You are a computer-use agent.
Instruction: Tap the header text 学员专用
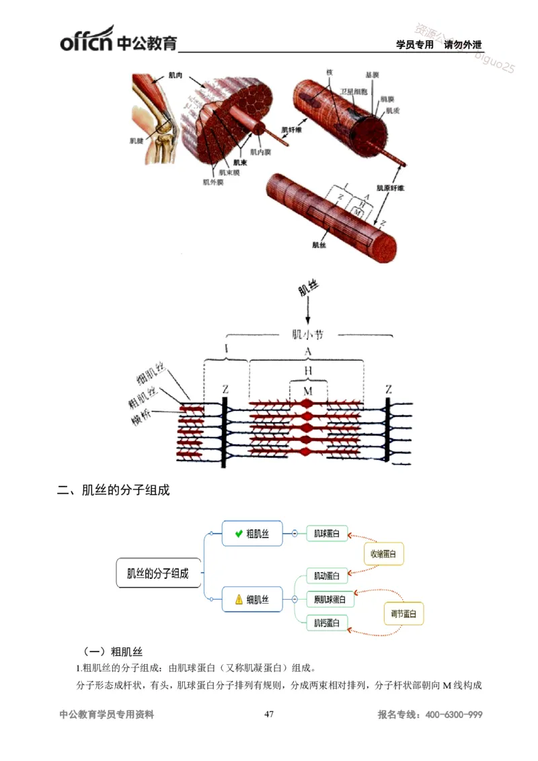pos(415,45)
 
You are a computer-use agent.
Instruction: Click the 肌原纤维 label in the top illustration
pos(390,188)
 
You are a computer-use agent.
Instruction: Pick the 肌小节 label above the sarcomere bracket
pos(308,334)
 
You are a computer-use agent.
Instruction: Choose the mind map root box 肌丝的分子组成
pos(158,573)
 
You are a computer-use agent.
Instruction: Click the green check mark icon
pos(238,534)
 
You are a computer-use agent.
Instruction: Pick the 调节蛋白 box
pos(403,614)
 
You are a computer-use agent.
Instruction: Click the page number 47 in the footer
pos(269,715)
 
